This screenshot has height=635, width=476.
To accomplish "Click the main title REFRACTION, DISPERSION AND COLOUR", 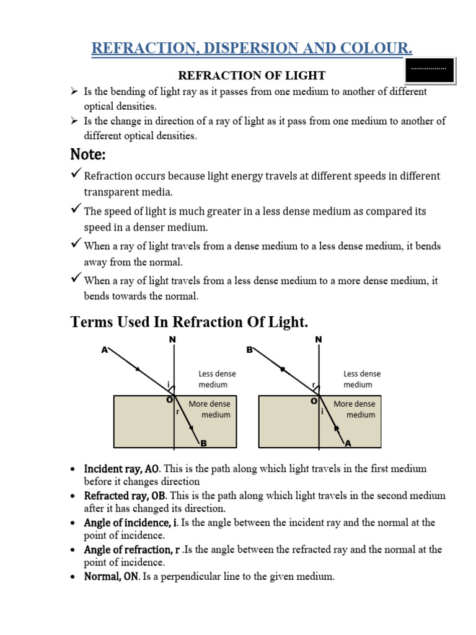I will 252,48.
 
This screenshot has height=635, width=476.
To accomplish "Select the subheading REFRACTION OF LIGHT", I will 252,76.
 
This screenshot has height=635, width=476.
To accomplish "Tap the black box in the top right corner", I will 430,71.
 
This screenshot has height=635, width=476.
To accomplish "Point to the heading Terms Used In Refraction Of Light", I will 190,322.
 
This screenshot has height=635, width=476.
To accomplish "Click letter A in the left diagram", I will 104,350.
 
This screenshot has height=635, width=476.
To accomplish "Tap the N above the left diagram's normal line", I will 172,339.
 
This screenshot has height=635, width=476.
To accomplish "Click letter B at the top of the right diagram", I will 249,350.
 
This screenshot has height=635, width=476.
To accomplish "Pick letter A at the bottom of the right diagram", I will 347,443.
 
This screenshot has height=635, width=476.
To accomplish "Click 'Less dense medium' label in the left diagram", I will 217,379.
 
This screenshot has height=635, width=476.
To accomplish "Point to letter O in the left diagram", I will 169,400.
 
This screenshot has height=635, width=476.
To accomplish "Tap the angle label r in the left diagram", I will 178,411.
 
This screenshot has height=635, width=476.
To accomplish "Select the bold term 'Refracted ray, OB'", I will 125,495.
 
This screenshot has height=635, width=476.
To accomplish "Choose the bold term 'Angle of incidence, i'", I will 131,523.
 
